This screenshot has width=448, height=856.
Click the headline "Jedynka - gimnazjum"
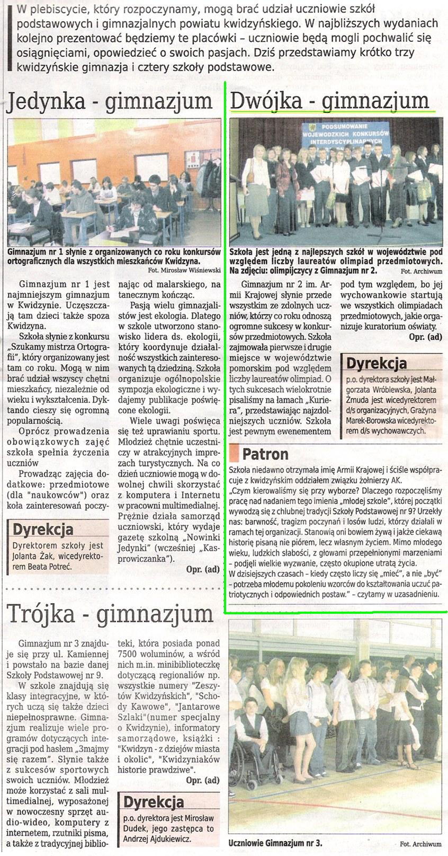(109, 101)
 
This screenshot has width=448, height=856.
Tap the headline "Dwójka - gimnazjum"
(330, 100)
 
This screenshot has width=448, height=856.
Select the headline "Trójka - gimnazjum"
(110, 613)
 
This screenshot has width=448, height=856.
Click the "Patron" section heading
(265, 454)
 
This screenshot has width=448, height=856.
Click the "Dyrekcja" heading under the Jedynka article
(43, 530)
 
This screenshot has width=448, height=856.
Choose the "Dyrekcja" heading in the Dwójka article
(377, 363)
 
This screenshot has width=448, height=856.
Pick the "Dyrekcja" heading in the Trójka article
(154, 801)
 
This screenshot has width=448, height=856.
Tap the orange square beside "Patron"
(235, 453)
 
